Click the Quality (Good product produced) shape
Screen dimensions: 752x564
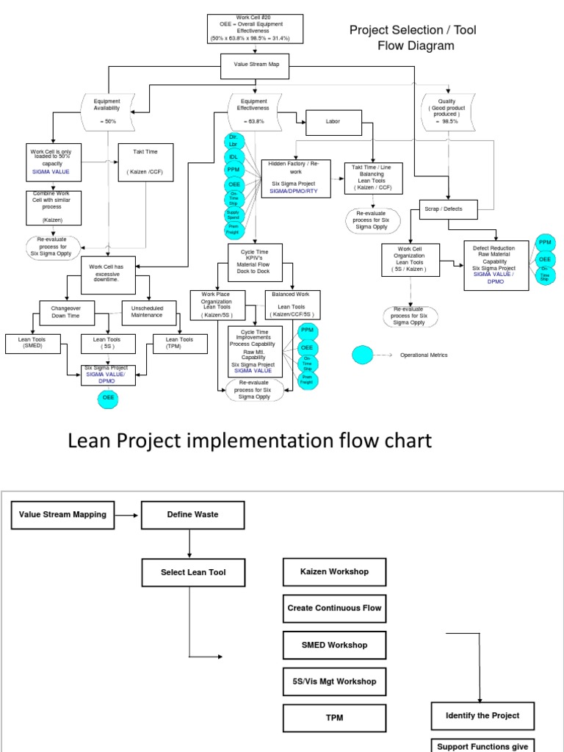click(447, 111)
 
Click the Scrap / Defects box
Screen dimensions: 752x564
click(450, 209)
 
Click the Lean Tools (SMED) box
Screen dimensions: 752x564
click(28, 343)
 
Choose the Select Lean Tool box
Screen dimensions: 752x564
click(193, 572)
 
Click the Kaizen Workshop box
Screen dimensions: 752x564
click(335, 571)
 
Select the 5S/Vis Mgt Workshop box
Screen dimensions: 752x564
click(335, 681)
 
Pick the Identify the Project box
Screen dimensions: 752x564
click(482, 715)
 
